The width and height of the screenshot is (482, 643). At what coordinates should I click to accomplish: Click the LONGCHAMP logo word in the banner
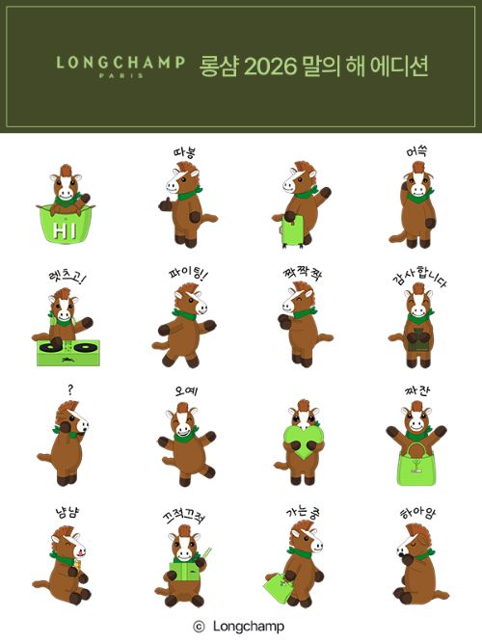point(120,63)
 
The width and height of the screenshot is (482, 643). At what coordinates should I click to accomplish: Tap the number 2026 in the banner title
point(270,67)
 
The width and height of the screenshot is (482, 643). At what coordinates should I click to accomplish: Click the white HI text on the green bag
point(65,230)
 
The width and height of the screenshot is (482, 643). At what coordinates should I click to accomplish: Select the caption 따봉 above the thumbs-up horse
point(184,152)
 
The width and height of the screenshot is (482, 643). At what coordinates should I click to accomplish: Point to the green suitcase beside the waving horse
point(293,230)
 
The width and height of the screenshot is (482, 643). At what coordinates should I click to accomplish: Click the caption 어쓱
point(416,152)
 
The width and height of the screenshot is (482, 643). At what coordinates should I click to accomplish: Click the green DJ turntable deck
point(68,352)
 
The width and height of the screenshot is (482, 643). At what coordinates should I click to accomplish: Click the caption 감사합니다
point(419,276)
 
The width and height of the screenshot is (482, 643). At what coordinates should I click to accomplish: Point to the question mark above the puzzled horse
point(71,388)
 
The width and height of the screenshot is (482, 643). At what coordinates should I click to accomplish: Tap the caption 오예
point(186,390)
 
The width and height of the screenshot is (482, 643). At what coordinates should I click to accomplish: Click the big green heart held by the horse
point(303,442)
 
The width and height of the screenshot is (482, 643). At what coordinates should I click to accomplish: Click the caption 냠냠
point(67,512)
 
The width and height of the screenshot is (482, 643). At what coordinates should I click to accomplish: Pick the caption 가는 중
point(303,512)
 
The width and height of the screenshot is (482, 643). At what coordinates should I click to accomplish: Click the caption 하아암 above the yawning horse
point(418,513)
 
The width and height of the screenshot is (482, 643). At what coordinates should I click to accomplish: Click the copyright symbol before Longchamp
point(199,627)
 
